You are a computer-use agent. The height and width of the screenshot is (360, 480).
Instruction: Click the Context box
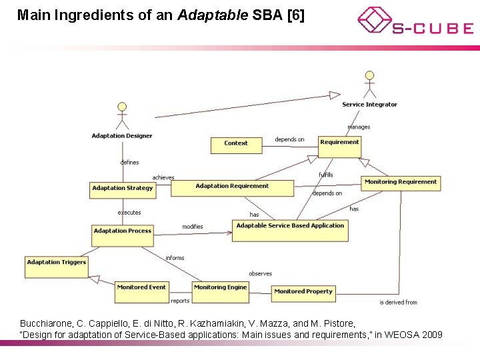pos(236,144)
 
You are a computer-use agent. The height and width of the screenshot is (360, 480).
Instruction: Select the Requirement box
pos(339,147)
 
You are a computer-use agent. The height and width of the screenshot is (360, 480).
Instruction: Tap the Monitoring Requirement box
pos(401,184)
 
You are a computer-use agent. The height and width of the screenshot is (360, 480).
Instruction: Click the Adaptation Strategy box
pos(123,190)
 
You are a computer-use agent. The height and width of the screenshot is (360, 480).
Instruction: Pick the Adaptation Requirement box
pos(232,188)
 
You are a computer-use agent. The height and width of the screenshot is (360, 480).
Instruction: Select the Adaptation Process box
pos(123,234)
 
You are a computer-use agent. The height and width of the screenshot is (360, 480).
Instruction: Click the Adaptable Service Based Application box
pos(290,230)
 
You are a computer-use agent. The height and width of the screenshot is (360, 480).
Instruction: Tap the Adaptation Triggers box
pos(57,267)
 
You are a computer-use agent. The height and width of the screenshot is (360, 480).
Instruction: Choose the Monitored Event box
pos(141,291)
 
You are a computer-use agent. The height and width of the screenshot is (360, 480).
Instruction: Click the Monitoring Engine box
pos(220,291)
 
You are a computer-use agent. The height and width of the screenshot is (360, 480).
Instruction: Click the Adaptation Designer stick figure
pos(121,116)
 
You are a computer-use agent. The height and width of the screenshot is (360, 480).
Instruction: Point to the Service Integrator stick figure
pos(369,84)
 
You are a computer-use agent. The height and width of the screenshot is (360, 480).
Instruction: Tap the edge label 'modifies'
pos(193,227)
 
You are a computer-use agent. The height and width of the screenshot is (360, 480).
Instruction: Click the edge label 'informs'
pos(175,258)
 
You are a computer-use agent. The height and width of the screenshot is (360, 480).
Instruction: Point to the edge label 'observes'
pos(260,273)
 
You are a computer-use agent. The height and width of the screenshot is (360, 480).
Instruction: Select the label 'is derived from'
pos(398,302)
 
